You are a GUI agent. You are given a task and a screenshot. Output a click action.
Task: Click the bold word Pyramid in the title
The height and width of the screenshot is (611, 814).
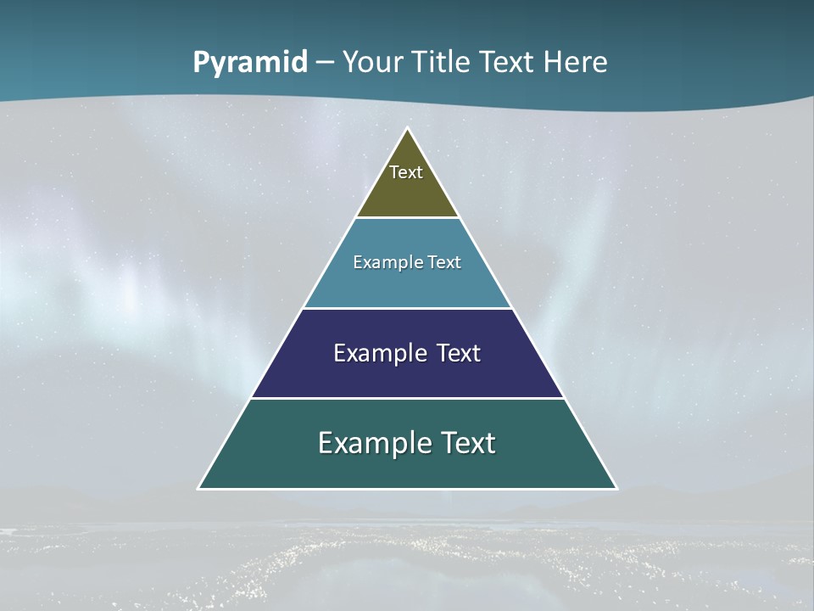[x=250, y=63]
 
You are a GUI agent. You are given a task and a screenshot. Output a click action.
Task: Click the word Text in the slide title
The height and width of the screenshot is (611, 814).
[x=507, y=63]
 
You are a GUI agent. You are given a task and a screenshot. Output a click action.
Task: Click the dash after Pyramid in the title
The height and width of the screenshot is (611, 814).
[x=325, y=64]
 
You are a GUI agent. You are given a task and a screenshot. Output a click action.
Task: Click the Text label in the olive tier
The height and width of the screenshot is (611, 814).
[x=406, y=172]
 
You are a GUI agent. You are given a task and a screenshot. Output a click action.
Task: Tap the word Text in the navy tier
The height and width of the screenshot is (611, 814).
[x=459, y=353]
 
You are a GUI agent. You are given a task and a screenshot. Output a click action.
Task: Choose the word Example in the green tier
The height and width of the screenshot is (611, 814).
[x=373, y=443]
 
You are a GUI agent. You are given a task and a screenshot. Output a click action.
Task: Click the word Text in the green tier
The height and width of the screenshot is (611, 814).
[x=465, y=443]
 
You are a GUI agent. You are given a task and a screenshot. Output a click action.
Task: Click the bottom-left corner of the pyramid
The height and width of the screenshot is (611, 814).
[x=198, y=488]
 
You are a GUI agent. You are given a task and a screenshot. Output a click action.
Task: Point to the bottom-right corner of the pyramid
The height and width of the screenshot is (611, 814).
[x=616, y=488]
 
